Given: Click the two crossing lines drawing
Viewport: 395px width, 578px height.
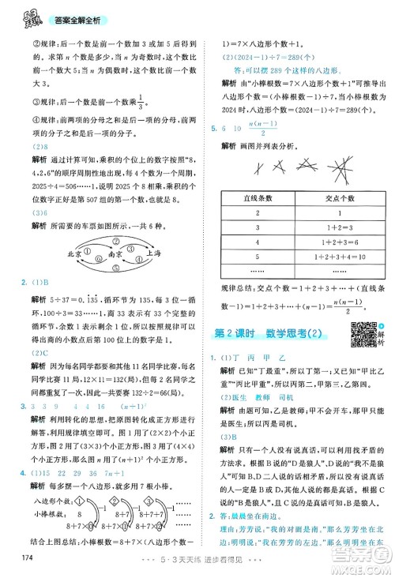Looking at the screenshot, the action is (x=259, y=167).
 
